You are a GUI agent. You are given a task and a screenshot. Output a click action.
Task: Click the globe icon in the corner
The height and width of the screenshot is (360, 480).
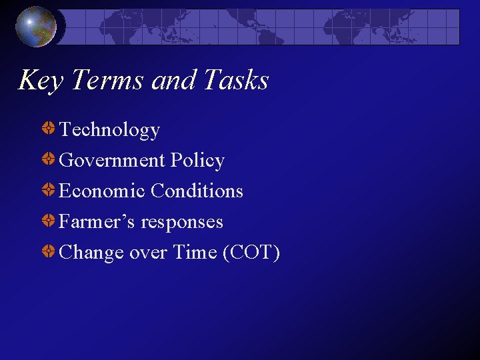[x=36, y=27]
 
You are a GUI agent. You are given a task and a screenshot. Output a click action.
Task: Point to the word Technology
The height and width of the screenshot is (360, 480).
[x=109, y=129]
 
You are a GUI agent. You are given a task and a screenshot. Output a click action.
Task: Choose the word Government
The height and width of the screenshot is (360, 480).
[x=111, y=160]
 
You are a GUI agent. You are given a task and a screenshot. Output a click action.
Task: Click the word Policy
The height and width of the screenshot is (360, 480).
[x=197, y=160]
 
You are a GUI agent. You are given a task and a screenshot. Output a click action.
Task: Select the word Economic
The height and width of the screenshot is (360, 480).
[x=102, y=191]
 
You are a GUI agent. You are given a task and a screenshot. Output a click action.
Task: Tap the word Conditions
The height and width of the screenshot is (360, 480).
[x=197, y=191]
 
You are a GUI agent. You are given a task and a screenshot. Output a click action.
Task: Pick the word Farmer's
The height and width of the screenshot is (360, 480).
[x=97, y=221]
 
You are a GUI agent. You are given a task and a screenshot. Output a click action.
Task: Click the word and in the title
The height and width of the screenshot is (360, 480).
[x=168, y=81]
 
